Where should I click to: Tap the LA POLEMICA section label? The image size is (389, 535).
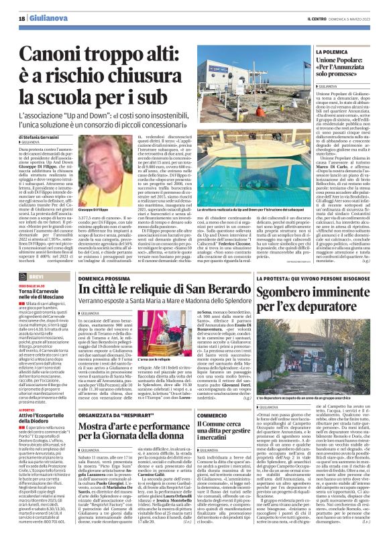320,50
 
